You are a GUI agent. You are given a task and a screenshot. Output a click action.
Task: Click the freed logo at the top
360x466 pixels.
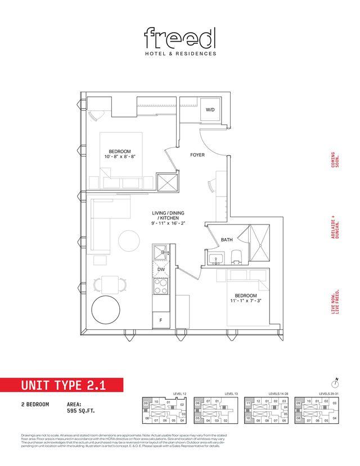point(179,38)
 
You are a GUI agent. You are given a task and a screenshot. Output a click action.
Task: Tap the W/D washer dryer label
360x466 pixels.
point(210,110)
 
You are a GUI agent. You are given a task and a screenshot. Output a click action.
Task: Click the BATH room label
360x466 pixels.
point(227,240)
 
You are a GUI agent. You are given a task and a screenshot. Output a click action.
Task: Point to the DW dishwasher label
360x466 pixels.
point(161,270)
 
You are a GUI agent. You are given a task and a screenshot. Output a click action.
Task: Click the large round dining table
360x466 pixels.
point(107,312)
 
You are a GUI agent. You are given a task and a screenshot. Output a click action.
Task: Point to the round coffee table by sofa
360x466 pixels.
point(129,242)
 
